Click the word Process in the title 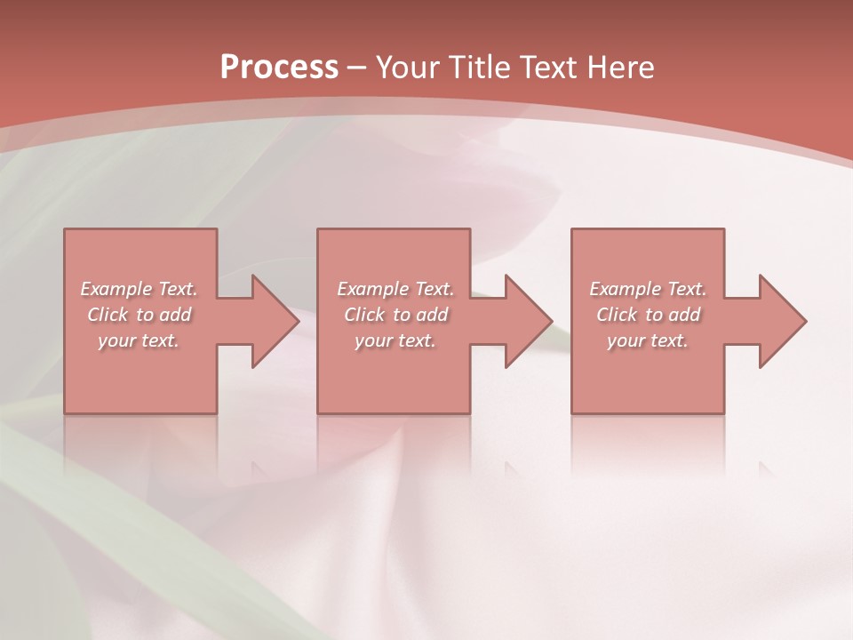279,68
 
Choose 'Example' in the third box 625,289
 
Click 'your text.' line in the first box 139,340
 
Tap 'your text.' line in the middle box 395,340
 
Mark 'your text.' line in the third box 648,340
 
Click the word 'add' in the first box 175,315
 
